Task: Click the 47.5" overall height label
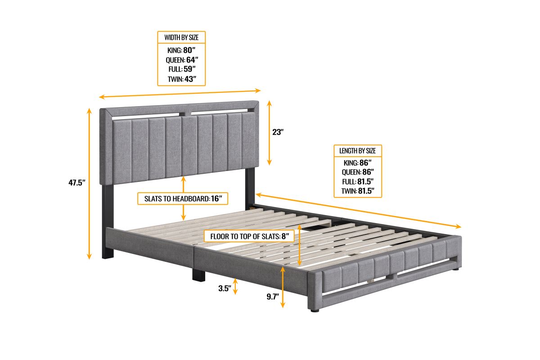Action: [x=77, y=183]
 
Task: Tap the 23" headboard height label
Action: [x=278, y=132]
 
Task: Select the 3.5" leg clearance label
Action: [x=225, y=288]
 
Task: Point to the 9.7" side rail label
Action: [x=273, y=297]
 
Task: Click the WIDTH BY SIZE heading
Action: [x=181, y=37]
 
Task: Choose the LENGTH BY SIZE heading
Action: [x=357, y=151]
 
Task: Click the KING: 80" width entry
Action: [x=181, y=50]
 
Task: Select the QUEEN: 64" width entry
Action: [x=182, y=59]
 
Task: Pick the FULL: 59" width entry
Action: [x=182, y=69]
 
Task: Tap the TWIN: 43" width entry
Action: [x=182, y=79]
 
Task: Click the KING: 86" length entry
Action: [x=357, y=163]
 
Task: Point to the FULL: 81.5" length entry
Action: [x=358, y=181]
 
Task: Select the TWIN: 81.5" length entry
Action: [x=358, y=191]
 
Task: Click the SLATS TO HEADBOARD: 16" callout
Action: [x=183, y=198]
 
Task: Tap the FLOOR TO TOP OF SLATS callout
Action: [x=249, y=236]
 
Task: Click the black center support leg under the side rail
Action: [x=198, y=275]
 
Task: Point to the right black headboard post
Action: [x=250, y=188]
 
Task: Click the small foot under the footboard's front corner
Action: [x=315, y=310]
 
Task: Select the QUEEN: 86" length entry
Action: [x=358, y=172]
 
